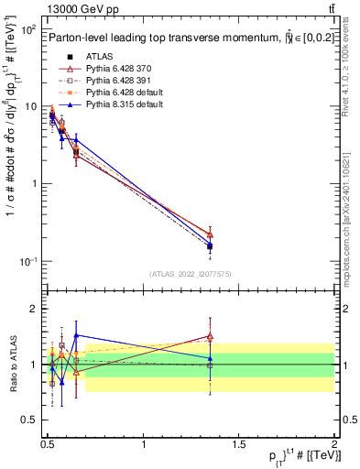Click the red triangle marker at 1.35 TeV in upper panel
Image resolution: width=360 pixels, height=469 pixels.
[210, 234]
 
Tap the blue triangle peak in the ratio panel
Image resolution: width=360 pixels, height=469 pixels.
[76, 335]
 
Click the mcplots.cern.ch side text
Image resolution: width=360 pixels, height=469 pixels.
[352, 229]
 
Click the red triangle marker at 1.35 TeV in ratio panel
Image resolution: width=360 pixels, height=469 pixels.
[210, 336]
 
